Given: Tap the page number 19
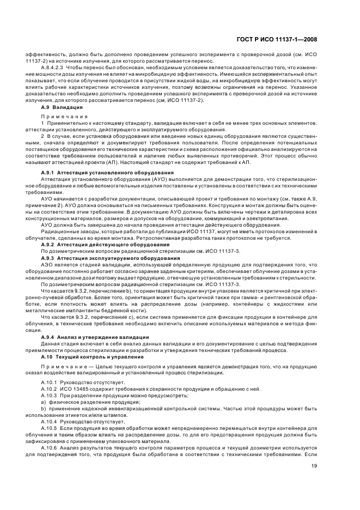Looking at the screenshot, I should (x=314, y=465).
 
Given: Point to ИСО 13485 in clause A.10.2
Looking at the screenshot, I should (x=77, y=388).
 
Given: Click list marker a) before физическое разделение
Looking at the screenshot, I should (x=44, y=401).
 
